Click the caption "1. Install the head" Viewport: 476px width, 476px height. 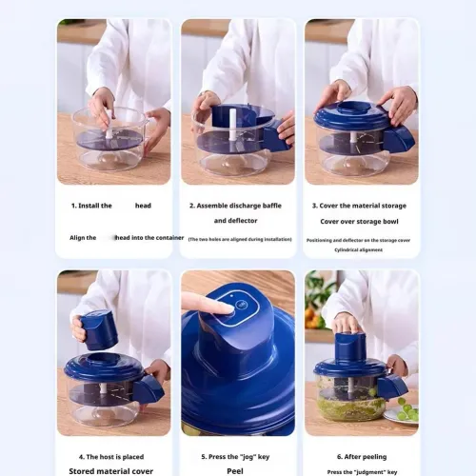[110, 206]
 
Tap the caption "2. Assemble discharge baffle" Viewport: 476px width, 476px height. [236, 206]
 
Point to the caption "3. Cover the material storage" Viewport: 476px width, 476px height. [360, 206]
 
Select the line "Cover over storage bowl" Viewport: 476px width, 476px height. [360, 221]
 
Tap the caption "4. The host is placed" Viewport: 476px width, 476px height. [112, 457]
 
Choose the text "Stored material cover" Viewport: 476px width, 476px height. [111, 470]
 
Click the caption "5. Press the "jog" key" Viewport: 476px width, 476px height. [236, 457]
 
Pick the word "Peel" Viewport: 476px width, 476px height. [236, 470]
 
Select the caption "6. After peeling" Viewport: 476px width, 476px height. [360, 457]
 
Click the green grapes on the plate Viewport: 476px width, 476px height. [407, 412]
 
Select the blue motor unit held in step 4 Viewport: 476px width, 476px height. [98, 328]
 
